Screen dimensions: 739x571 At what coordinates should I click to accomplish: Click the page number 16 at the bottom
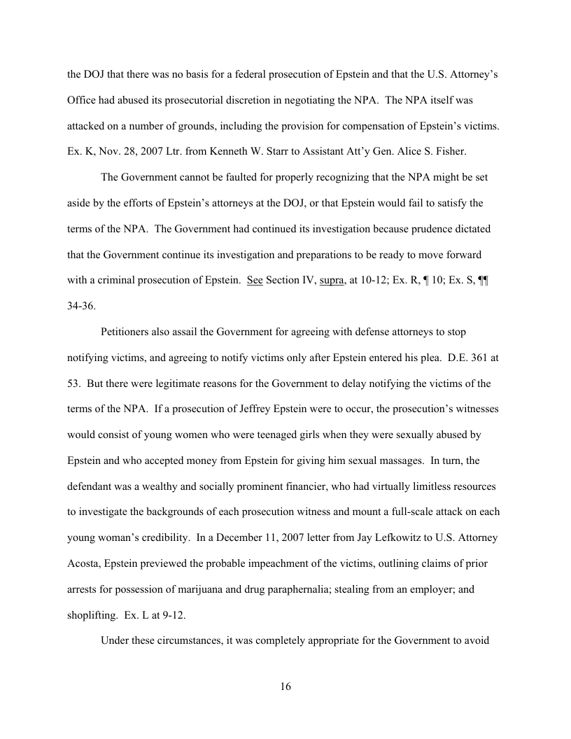[x=285, y=687]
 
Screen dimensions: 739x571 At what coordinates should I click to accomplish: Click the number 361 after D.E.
[x=478, y=357]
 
